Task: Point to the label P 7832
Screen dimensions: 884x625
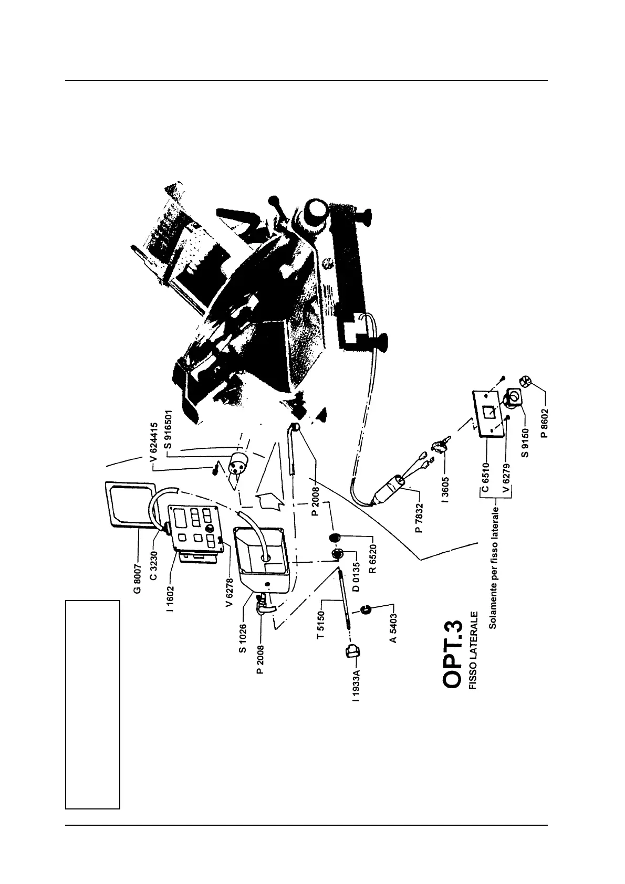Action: pos(419,514)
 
